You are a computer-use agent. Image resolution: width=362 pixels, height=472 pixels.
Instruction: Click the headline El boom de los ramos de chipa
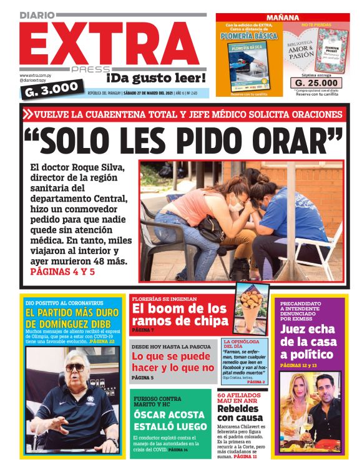(179, 315)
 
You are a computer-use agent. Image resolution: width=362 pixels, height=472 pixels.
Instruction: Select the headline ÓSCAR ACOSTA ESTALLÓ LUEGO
(169, 420)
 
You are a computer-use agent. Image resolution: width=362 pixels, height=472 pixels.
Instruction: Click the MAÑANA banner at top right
(282, 17)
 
